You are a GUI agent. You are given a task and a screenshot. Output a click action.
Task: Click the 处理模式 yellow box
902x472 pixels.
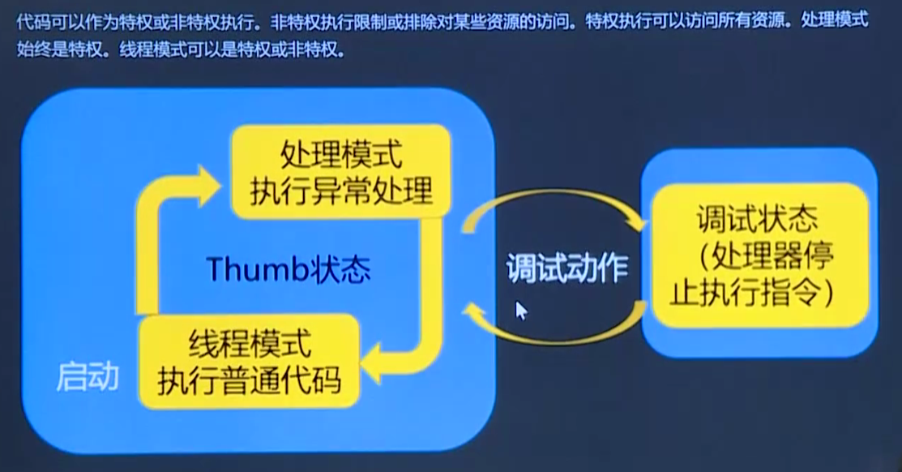340,172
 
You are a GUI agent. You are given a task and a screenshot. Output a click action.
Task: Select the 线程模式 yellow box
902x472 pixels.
249,362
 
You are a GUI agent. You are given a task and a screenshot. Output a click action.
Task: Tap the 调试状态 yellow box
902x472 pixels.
759,255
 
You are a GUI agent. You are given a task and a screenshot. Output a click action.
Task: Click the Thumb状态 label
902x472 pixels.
289,268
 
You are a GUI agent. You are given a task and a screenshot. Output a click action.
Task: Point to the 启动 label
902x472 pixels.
88,377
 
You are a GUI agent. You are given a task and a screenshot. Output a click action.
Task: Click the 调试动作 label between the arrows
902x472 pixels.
567,268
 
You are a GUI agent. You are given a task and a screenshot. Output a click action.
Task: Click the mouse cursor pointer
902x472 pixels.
521,311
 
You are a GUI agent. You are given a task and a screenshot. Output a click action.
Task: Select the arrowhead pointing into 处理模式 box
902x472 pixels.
208,186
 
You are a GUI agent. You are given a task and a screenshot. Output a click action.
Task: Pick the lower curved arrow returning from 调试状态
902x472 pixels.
555,341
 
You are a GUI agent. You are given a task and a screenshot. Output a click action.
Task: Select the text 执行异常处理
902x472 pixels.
341,191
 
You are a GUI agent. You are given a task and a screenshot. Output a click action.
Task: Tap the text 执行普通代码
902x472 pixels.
249,380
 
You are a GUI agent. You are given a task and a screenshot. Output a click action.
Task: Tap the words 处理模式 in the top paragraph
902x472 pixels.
835,20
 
